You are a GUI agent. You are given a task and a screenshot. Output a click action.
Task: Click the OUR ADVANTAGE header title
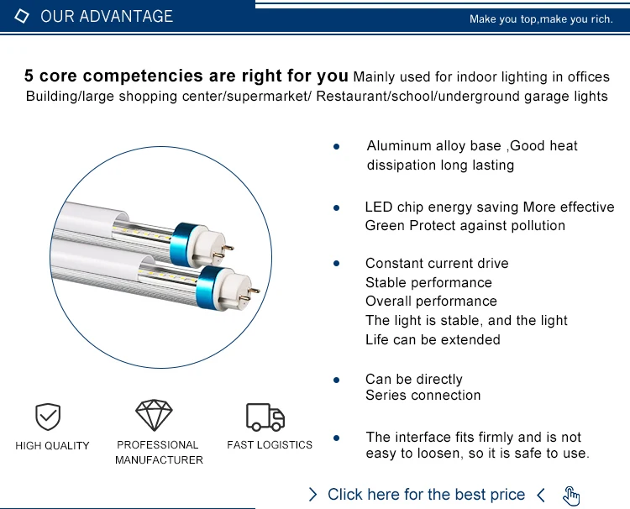(x=106, y=17)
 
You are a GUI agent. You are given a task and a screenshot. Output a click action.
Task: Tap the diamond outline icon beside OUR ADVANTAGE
(x=23, y=17)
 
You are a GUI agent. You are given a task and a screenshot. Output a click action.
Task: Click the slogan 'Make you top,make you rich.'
(x=541, y=19)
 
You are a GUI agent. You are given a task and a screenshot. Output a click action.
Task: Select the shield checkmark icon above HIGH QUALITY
(x=47, y=417)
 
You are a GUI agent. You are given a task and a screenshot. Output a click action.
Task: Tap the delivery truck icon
(x=265, y=417)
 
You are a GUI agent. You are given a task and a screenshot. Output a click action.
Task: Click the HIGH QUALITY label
(x=52, y=445)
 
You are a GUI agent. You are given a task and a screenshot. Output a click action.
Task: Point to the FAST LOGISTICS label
(x=270, y=444)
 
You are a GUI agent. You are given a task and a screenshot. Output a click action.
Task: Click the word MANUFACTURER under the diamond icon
(x=159, y=459)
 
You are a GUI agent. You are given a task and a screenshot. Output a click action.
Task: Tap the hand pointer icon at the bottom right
(x=572, y=496)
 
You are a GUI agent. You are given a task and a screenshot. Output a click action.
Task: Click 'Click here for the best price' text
(x=426, y=495)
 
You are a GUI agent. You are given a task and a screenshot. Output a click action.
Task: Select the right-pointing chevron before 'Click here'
(x=313, y=495)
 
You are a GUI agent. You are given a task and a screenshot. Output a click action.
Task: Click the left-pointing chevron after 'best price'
(x=541, y=495)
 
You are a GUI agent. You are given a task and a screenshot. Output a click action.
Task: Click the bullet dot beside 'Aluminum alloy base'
(x=336, y=146)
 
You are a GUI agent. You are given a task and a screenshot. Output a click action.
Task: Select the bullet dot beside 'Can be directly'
(x=336, y=380)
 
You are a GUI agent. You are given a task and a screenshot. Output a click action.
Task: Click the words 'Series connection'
(x=423, y=396)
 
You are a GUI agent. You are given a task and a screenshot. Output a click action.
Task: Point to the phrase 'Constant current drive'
(x=437, y=264)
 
